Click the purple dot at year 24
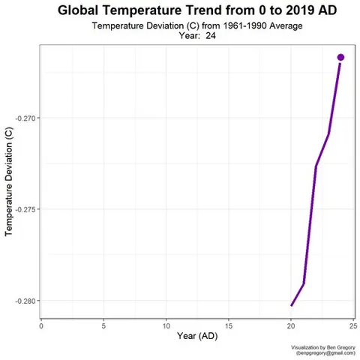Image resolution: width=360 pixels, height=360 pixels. click(340, 57)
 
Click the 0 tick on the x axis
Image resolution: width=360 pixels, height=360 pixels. click(41, 325)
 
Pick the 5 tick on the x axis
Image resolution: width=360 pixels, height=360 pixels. click(103, 325)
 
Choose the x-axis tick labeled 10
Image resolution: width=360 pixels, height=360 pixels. click(166, 325)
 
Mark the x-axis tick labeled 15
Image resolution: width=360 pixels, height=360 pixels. click(228, 325)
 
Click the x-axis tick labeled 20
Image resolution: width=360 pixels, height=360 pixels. click(290, 325)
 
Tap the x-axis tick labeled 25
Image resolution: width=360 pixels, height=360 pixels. click(352, 325)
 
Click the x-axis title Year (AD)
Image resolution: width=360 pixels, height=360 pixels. click(197, 337)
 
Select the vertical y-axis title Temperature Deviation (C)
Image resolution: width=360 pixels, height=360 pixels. click(9, 181)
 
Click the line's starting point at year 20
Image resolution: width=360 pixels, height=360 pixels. click(291, 305)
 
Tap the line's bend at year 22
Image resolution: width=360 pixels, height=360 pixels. click(316, 166)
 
